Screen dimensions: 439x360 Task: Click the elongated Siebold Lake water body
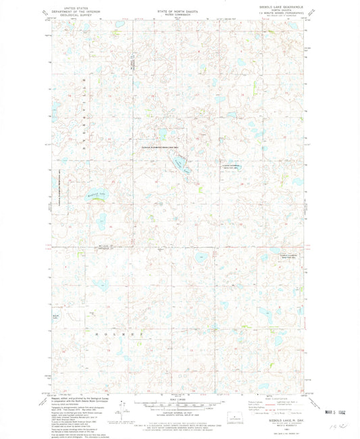[x=178, y=161]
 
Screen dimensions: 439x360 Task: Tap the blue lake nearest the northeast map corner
[x=291, y=27]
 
